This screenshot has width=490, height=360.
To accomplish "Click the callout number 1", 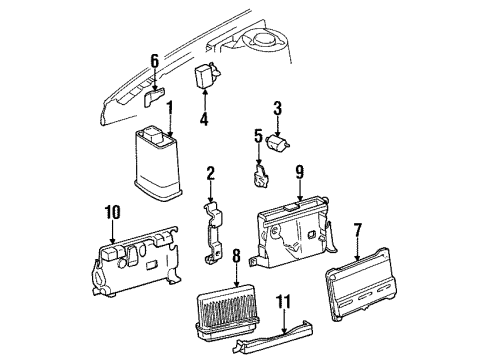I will point(169,107).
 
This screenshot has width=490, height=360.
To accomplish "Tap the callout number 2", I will point(211,174).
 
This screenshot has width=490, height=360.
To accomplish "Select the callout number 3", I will point(278,107).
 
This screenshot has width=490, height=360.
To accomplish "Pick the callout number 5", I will point(257,136).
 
